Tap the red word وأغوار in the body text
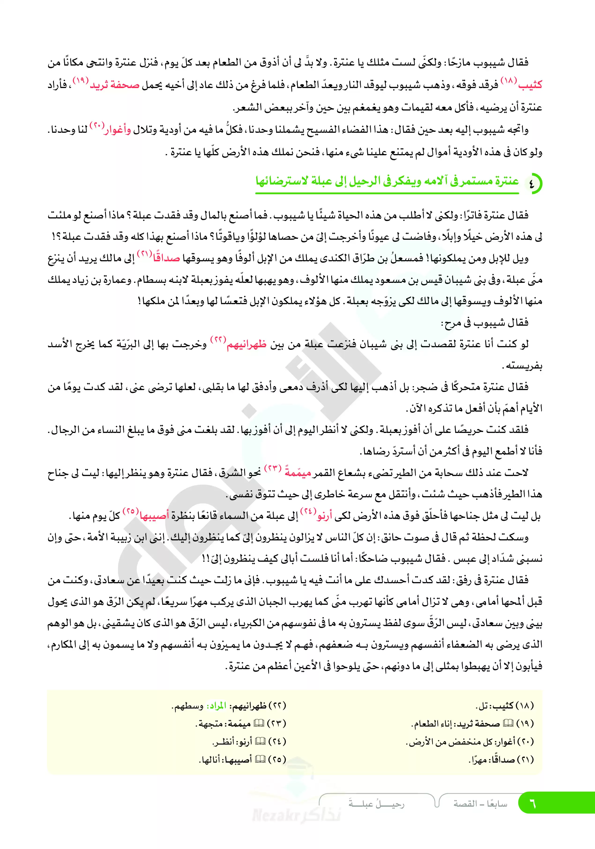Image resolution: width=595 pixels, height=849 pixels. click(x=118, y=130)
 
